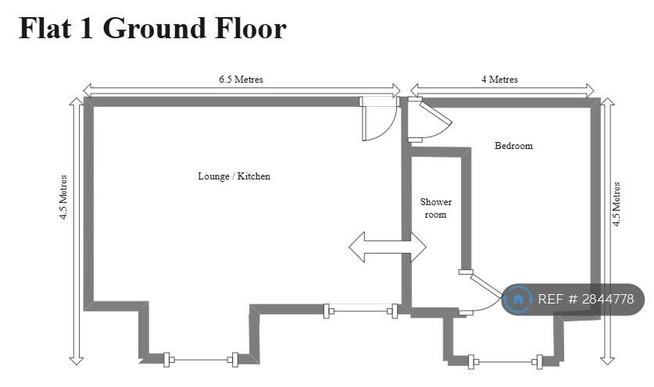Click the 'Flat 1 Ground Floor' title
point(152,28)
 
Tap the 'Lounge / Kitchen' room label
point(234,176)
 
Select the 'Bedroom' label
point(513,146)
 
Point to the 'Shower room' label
point(436,208)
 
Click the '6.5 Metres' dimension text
point(241,79)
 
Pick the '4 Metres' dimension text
point(499,79)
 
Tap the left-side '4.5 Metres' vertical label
point(63,197)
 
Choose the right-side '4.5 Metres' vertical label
point(616,204)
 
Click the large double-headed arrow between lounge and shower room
point(388,247)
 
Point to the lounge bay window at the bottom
point(201,360)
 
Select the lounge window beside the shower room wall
point(361,311)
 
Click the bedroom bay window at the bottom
point(505,362)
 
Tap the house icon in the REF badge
point(517,299)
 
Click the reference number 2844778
point(608,299)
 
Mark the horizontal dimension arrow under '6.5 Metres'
point(242,90)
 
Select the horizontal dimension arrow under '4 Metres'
point(502,90)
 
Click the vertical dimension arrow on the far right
point(607,231)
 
